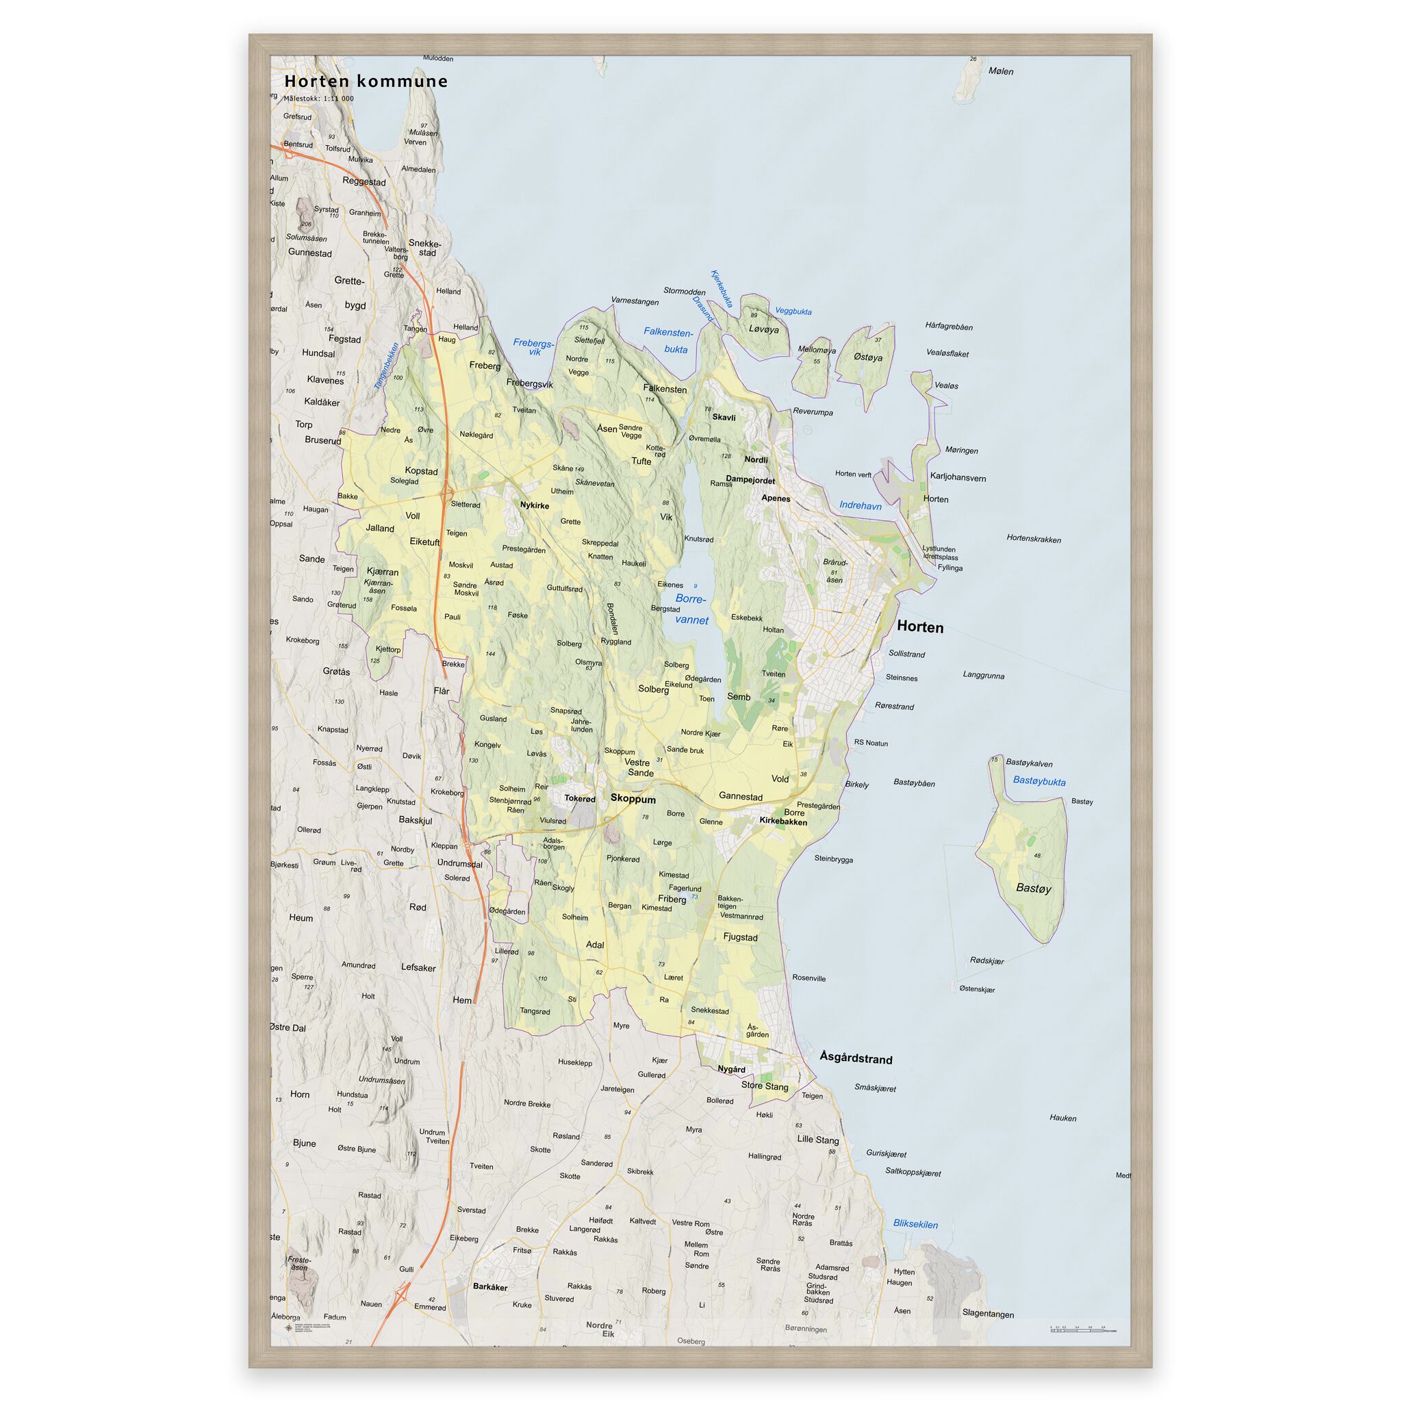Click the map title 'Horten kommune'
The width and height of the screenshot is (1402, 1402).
coord(366,81)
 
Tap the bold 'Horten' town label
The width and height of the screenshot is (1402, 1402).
coord(920,627)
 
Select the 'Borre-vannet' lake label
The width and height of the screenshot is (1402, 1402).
coord(690,609)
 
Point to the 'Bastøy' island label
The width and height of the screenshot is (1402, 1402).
coord(1033,887)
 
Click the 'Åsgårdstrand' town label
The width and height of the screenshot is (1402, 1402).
coord(856,1058)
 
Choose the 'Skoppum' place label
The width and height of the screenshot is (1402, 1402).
coord(633,799)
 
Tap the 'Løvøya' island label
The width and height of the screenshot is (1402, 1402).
coord(763,329)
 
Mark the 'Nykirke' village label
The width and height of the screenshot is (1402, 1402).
coord(535,506)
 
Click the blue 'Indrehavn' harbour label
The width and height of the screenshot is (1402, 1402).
coord(860,506)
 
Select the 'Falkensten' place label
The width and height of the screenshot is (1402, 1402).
coord(665,389)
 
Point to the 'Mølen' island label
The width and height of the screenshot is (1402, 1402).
coord(1001,71)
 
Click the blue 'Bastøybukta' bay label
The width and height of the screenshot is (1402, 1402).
coord(1039,782)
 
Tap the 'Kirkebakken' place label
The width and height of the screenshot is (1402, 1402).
coord(783,821)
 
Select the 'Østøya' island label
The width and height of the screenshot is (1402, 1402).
coord(868,358)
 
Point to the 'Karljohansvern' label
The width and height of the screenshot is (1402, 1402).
coord(958,479)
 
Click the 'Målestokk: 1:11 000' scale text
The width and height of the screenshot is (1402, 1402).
coord(319,99)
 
